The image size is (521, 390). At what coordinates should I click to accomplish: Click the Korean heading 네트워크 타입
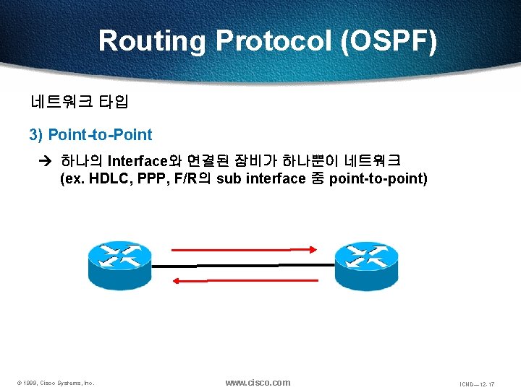tap(79, 102)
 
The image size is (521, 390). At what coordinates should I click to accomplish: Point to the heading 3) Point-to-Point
tap(90, 135)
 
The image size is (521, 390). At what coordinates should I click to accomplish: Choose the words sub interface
tap(260, 179)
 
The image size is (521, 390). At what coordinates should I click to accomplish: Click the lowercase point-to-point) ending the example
tap(378, 179)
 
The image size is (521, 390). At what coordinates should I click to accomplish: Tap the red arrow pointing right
tap(244, 250)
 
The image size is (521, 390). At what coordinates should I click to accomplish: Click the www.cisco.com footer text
tap(258, 382)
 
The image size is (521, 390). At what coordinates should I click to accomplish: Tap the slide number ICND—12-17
tap(477, 383)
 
